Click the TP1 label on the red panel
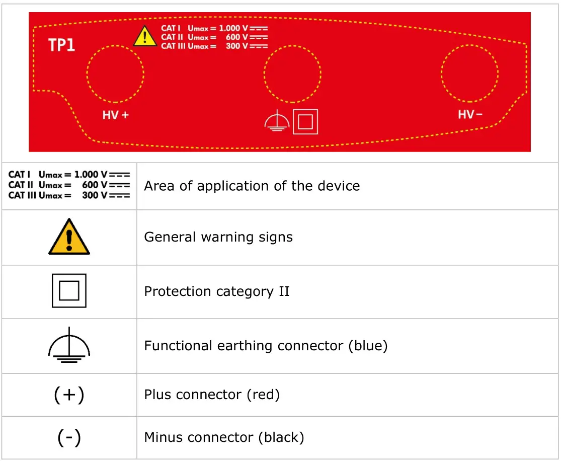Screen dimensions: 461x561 [x=61, y=45]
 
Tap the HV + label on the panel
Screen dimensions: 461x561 [x=116, y=115]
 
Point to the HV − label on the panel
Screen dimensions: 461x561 [x=470, y=115]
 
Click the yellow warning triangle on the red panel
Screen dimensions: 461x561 [x=145, y=36]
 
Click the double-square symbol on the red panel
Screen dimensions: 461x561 [x=305, y=121]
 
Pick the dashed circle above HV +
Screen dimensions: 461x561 [x=115, y=73]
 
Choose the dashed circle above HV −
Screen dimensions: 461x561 [x=469, y=73]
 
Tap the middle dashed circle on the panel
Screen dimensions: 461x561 [x=292, y=73]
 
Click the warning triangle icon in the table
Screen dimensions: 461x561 [x=69, y=237]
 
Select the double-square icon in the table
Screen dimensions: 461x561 [x=69, y=291]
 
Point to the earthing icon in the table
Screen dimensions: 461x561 [x=69, y=345]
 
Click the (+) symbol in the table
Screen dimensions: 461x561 [x=69, y=395]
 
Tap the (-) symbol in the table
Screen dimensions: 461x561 [x=69, y=437]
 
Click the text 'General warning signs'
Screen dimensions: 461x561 [x=218, y=237]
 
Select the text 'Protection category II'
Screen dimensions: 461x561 [x=217, y=292]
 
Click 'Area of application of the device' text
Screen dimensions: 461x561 [x=252, y=186]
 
